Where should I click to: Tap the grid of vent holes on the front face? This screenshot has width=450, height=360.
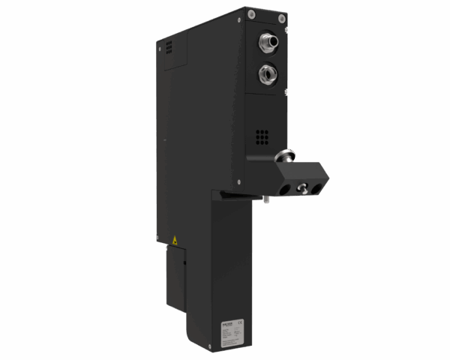(262, 136)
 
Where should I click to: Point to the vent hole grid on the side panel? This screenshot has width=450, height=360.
(169, 46)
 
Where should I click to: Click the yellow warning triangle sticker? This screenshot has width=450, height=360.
(175, 240)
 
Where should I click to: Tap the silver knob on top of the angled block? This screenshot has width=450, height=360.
(284, 157)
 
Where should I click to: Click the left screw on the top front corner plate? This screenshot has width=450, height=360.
(253, 13)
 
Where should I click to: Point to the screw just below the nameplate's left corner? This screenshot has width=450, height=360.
(223, 343)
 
